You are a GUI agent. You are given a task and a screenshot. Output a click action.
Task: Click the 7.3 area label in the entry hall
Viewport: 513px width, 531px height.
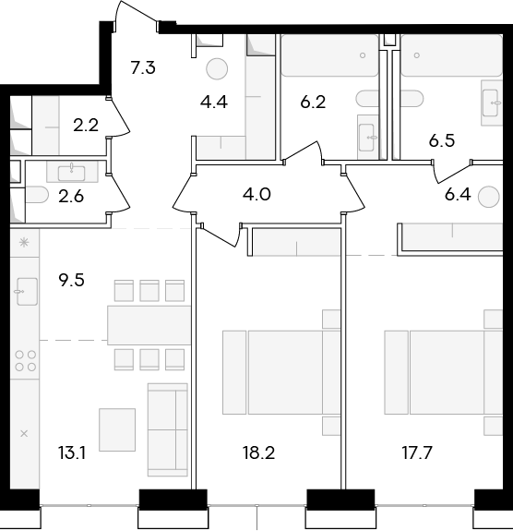(143, 67)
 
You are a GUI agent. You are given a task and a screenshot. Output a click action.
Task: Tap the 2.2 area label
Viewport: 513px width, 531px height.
(86, 126)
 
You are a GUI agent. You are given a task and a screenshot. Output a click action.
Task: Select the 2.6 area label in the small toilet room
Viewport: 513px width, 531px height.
(71, 197)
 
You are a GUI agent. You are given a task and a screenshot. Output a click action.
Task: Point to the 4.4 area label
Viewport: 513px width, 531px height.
(213, 102)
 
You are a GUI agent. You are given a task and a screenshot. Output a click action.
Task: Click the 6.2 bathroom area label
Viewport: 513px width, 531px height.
(313, 102)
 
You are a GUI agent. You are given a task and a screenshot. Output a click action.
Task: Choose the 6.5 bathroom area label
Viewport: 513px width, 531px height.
(442, 141)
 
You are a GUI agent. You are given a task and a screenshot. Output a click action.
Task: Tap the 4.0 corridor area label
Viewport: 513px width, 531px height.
(256, 195)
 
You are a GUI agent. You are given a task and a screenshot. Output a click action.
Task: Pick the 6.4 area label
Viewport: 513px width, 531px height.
(458, 195)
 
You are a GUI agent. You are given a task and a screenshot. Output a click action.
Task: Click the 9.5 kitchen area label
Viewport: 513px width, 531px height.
(71, 281)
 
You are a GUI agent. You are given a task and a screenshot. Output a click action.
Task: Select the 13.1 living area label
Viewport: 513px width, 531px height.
(71, 453)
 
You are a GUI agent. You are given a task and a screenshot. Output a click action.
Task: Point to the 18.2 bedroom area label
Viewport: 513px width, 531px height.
(258, 453)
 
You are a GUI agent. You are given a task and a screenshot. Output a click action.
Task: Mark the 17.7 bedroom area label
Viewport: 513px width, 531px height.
(417, 453)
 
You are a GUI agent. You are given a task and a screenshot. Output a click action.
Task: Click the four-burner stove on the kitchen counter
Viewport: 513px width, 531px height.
(26, 361)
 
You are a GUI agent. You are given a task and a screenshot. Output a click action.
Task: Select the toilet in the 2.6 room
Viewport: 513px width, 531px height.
(36, 195)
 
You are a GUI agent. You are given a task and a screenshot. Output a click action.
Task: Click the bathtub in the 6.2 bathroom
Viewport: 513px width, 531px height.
(330, 55)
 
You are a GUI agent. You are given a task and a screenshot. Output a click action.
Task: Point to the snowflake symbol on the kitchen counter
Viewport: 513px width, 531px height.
(24, 243)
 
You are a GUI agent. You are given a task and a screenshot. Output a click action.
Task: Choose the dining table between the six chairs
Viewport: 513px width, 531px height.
(149, 325)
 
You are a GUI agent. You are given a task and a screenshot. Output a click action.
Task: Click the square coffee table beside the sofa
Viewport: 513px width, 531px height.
(117, 429)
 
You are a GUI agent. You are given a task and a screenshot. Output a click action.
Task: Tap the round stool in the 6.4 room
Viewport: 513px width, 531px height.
(489, 196)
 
